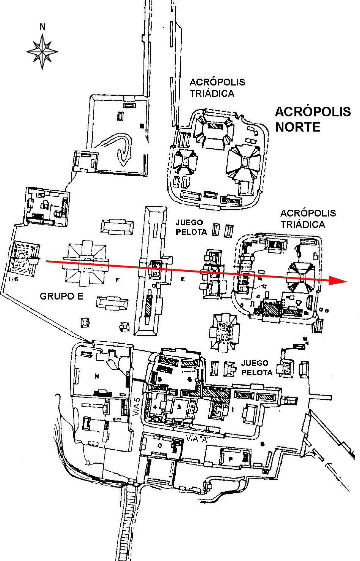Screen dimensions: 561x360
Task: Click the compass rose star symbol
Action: tap(42, 52)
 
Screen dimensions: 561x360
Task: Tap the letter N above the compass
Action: tap(42, 27)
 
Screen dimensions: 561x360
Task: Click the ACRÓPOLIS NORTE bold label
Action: tap(313, 119)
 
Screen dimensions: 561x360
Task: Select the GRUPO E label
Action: tap(61, 296)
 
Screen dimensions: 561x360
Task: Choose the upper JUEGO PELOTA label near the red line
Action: tap(191, 227)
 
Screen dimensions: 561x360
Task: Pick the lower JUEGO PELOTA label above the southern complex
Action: tap(257, 368)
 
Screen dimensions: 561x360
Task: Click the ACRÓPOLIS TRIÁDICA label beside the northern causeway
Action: tap(217, 88)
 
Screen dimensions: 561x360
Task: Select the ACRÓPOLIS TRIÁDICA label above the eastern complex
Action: tap(308, 219)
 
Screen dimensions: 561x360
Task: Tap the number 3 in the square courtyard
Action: tap(179, 407)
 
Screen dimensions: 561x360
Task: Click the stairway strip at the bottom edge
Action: tap(127, 524)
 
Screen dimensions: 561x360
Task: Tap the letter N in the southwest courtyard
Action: tap(97, 376)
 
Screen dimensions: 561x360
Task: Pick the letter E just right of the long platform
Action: tap(182, 279)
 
